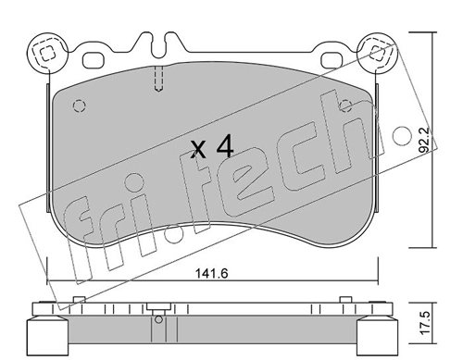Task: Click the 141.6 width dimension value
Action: (x=211, y=273)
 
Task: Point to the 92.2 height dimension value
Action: (x=425, y=141)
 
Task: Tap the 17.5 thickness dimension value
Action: (x=425, y=323)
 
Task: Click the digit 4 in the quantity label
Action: (x=225, y=147)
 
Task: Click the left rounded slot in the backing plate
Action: (x=93, y=60)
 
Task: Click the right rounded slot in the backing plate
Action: (x=332, y=60)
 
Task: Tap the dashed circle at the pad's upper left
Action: (x=80, y=106)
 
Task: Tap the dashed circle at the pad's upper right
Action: (x=345, y=106)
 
